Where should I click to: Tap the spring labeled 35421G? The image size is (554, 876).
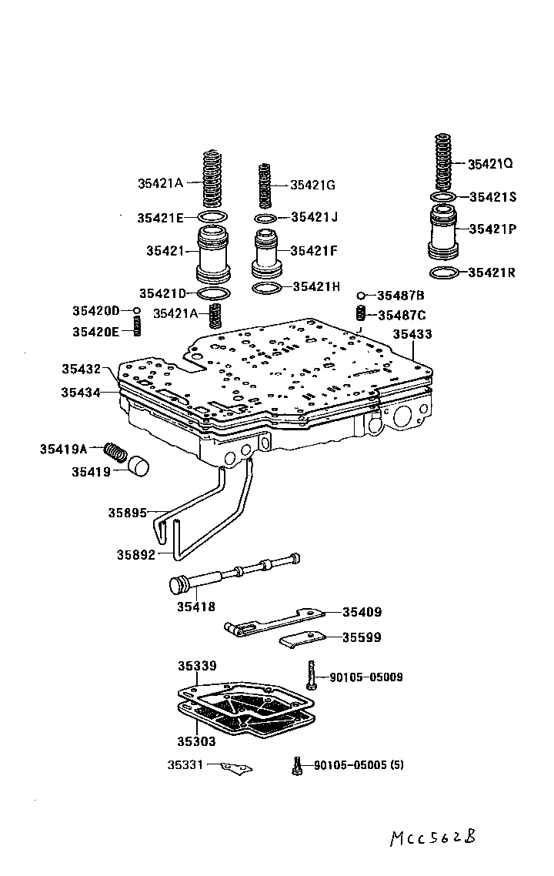click(x=265, y=186)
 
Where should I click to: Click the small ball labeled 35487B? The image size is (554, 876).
click(x=360, y=296)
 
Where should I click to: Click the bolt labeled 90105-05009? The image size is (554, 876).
click(x=311, y=675)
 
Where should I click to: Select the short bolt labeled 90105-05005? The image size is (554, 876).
click(x=296, y=765)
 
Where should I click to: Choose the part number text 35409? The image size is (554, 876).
click(x=362, y=613)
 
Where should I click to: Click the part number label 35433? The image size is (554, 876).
click(x=412, y=335)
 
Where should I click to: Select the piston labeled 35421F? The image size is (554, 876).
click(x=265, y=252)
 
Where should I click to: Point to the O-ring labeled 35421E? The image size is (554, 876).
click(x=212, y=218)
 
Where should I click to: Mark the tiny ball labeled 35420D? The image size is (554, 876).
click(x=137, y=310)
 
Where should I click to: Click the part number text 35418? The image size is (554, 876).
click(x=196, y=607)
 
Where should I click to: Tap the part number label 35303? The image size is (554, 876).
click(x=196, y=741)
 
